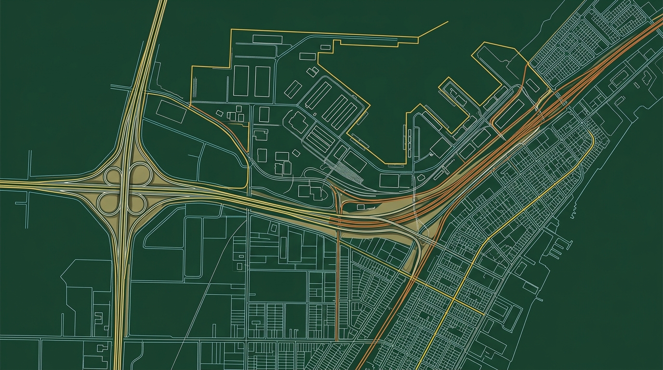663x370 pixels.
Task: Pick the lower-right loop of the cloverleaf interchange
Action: (x=138, y=202)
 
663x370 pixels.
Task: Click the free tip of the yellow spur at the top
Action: (x=448, y=22)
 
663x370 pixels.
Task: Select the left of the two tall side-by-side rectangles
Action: (x=241, y=81)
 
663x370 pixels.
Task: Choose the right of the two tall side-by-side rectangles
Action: (x=263, y=81)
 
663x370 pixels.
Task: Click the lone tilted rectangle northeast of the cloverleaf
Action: (x=171, y=111)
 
